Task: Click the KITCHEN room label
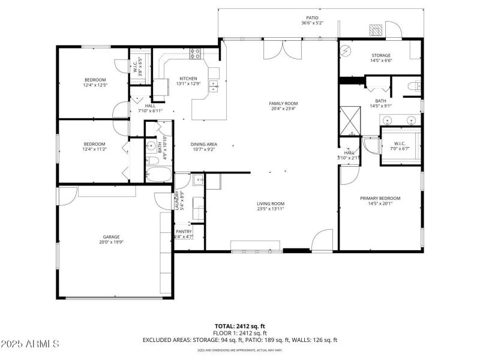coord(188,79)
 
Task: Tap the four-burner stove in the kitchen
coord(196,53)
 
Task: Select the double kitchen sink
coord(213,90)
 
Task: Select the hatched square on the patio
coord(376,30)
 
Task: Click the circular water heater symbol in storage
coord(346,51)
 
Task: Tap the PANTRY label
coord(184,232)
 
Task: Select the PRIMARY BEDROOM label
coord(380,198)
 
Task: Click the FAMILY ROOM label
coord(283,103)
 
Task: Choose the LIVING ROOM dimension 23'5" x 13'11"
coord(271,209)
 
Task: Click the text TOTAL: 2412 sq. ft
coord(239,325)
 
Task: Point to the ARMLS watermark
coord(30,344)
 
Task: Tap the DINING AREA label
coord(203,144)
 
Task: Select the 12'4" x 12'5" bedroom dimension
coord(95,85)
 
